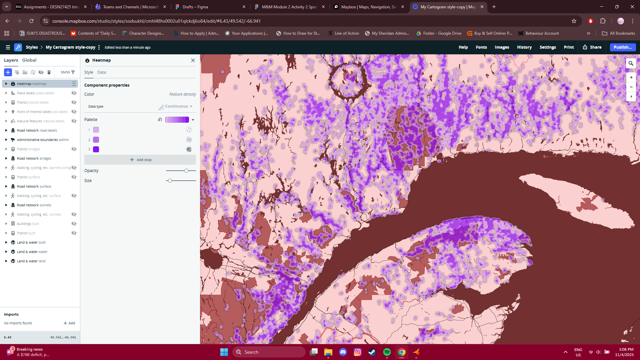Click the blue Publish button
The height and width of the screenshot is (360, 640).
click(x=622, y=47)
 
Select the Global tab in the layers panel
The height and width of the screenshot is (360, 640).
click(x=29, y=60)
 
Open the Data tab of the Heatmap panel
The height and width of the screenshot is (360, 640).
click(x=101, y=72)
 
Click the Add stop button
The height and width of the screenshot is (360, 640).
click(x=140, y=160)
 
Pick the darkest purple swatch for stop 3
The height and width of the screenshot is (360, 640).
click(x=96, y=149)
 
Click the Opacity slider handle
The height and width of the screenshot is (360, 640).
click(x=186, y=171)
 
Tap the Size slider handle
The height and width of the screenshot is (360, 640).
click(x=170, y=181)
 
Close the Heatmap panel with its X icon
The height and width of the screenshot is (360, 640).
click(x=193, y=60)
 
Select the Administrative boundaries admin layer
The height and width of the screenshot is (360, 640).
click(x=43, y=140)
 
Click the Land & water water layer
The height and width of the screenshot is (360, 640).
click(x=32, y=252)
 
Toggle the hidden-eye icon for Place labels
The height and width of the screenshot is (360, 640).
click(x=74, y=93)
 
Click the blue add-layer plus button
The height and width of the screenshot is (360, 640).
click(x=8, y=72)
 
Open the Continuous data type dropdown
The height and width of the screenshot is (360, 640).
click(x=179, y=106)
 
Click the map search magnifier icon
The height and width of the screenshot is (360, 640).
click(x=631, y=63)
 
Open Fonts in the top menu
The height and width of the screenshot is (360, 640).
click(x=481, y=47)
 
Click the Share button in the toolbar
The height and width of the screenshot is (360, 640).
click(x=592, y=47)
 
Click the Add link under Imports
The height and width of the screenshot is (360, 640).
click(x=69, y=323)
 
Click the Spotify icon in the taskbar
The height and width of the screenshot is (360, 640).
click(x=387, y=352)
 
